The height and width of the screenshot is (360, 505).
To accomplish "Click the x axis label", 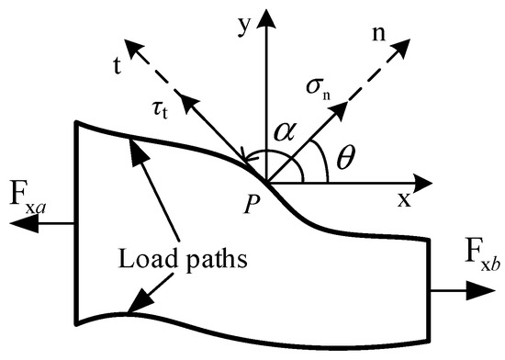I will tap(403, 200).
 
